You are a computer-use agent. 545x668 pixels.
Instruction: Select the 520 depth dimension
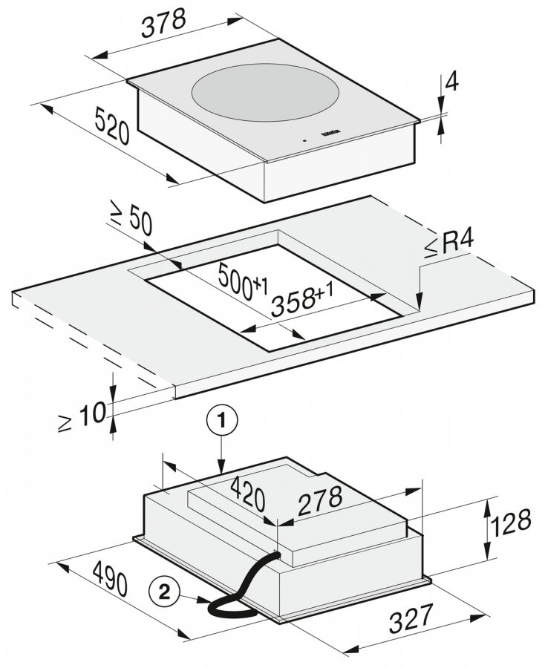[112, 123]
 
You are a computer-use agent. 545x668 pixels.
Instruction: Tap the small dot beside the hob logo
[303, 140]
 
